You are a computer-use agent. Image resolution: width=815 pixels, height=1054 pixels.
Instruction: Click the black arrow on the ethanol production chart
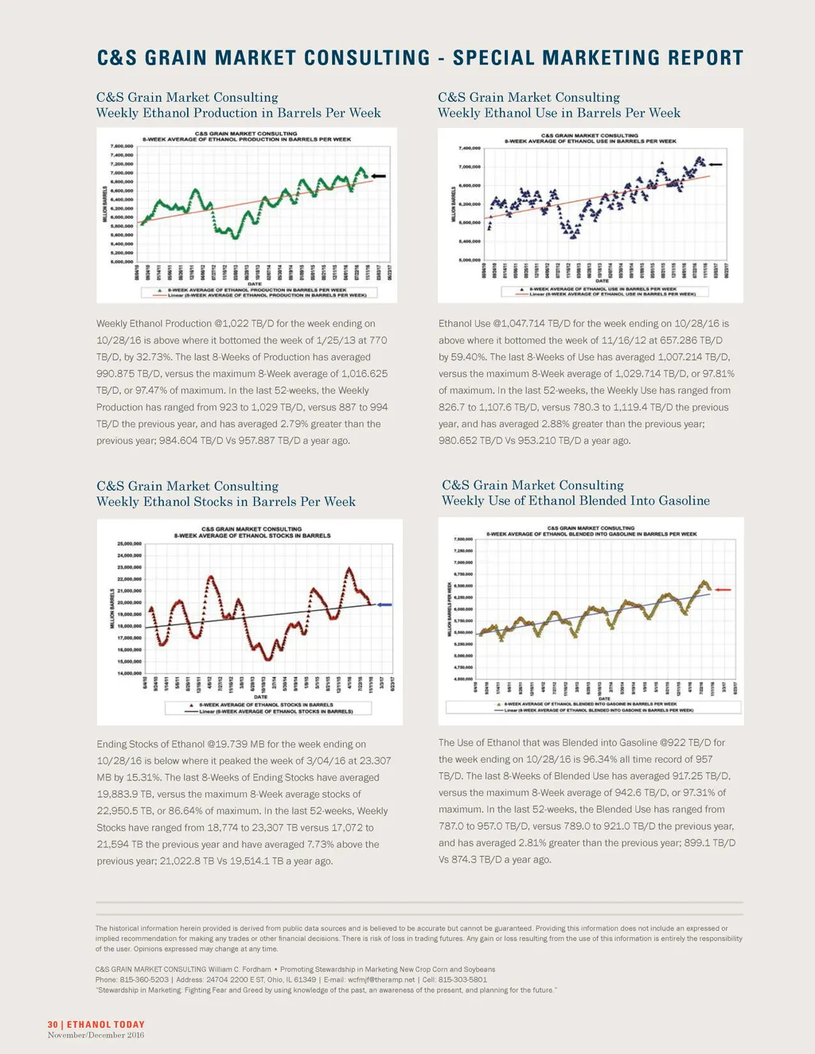[x=379, y=176]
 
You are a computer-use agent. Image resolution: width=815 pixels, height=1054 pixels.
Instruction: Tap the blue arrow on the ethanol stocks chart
[x=384, y=605]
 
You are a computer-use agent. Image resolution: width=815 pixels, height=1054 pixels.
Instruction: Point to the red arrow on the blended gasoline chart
[x=723, y=589]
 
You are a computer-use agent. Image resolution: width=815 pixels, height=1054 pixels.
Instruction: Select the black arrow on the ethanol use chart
[x=716, y=165]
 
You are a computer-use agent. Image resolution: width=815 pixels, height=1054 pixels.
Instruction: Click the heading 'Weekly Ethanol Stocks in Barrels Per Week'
[x=226, y=502]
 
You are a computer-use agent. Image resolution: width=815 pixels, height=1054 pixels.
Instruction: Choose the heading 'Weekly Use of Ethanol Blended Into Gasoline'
[x=575, y=501]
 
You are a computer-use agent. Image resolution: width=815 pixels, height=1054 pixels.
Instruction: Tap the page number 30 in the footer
[x=53, y=1025]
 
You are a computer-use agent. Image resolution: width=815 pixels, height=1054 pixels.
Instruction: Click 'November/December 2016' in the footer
[x=96, y=1035]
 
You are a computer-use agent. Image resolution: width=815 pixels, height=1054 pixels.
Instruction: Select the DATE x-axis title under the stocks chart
[x=260, y=697]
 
